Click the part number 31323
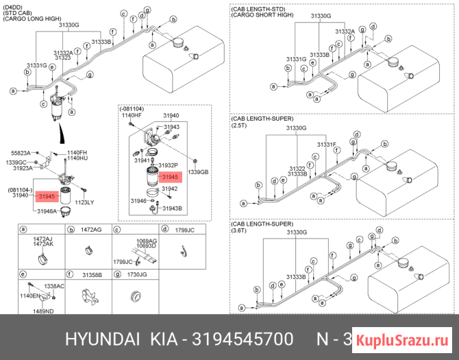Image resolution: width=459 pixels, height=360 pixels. pos(63,58)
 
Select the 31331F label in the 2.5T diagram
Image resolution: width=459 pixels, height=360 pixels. pos(326,145)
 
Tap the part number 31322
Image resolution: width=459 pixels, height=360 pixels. pos(297,168)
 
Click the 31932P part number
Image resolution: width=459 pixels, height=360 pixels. pos(168,166)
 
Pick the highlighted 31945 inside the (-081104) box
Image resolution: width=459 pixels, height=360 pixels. pos(169,177)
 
